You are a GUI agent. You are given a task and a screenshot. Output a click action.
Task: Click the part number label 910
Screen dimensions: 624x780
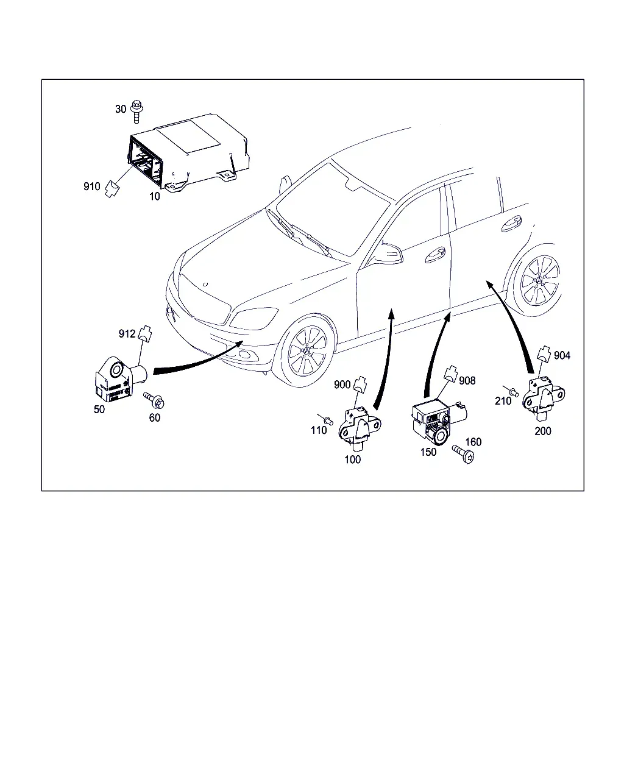pyautogui.click(x=92, y=186)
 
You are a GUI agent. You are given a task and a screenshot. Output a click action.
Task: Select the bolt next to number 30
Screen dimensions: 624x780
pyautogui.click(x=136, y=111)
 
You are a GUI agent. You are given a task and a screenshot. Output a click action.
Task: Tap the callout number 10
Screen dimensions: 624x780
pyautogui.click(x=154, y=196)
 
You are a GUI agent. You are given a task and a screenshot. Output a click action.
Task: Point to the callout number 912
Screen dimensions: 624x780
pyautogui.click(x=127, y=333)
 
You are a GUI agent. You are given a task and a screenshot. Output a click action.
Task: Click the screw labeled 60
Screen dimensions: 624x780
pyautogui.click(x=154, y=400)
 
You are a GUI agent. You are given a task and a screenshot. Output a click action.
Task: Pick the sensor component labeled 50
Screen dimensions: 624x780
pyautogui.click(x=119, y=379)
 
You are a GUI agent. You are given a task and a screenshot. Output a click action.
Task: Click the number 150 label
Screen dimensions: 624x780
pyautogui.click(x=428, y=452)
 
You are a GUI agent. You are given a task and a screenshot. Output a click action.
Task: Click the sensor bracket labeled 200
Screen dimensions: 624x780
pyautogui.click(x=543, y=399)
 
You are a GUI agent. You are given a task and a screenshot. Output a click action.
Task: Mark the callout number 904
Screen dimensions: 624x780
pyautogui.click(x=562, y=355)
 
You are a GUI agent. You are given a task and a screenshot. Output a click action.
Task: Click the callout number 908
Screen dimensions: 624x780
pyautogui.click(x=467, y=381)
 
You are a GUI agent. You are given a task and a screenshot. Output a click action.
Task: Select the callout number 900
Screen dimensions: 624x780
pyautogui.click(x=342, y=385)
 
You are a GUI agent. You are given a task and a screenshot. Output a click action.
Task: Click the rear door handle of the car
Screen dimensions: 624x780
pyautogui.click(x=512, y=223)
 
